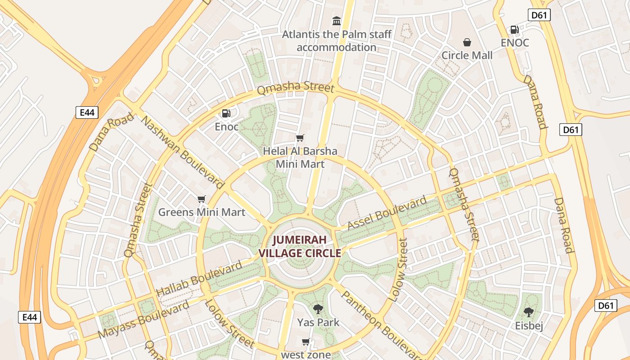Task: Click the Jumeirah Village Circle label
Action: pos(299,246)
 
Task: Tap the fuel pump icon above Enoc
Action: pos(226,114)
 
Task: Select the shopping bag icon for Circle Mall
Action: pos(467,42)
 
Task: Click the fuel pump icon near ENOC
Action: pos(514,30)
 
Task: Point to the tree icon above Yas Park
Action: pos(318,309)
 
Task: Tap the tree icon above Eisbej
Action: pos(528,312)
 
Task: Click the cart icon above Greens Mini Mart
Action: pos(201,199)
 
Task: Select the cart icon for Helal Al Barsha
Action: pos(300,138)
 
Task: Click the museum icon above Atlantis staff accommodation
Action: pos(336,21)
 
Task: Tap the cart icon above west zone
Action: pos(306,342)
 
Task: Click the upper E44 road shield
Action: pos(86,112)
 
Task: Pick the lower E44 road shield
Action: pos(30,317)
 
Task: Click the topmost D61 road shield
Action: pos(539,15)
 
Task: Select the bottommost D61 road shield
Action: pos(605,306)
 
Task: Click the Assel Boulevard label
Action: pos(387,213)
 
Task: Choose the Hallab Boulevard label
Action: pos(199,279)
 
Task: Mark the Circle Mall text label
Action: pos(467,55)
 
